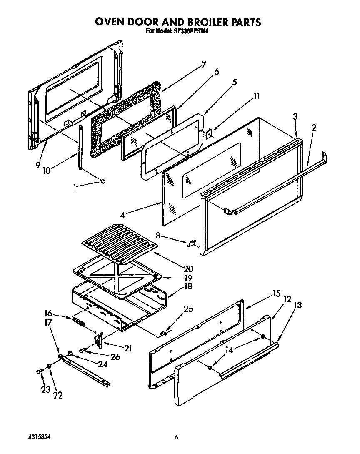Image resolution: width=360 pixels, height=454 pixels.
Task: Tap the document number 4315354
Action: [39, 437]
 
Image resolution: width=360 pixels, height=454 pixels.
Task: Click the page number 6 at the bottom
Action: [176, 437]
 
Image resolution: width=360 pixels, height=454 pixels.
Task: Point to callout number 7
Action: [203, 65]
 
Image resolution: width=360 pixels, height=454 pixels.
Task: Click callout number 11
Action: [257, 96]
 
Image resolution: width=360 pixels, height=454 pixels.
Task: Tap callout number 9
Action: [38, 165]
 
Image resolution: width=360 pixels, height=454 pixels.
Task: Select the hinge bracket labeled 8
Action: [192, 243]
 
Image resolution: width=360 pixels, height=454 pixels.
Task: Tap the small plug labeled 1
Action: [102, 181]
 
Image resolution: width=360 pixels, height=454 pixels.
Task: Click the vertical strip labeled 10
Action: [80, 147]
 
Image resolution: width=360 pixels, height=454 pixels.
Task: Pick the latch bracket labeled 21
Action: [99, 339]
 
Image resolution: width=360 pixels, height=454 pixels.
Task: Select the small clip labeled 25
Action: [165, 332]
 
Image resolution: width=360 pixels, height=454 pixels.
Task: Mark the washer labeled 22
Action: [49, 366]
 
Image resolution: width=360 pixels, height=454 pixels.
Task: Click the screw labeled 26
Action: [84, 349]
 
